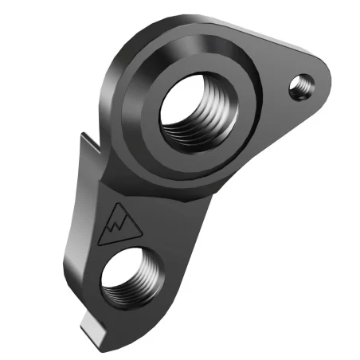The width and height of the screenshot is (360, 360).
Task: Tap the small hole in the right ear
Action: point(300,84)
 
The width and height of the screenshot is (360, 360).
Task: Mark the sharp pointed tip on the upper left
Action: point(82,134)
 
